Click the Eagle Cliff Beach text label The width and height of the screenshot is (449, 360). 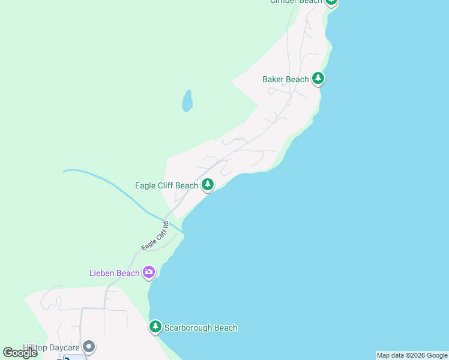click(x=166, y=185)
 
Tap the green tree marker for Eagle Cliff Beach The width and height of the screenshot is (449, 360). click(x=208, y=184)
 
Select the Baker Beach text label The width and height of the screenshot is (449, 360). click(x=285, y=79)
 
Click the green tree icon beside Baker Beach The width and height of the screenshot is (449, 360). click(x=318, y=79)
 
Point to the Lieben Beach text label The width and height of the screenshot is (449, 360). click(x=114, y=273)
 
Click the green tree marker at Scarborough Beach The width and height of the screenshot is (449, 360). click(x=155, y=327)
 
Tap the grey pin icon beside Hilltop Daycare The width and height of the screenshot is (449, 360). click(x=89, y=346)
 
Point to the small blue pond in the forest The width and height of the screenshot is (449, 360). click(x=187, y=100)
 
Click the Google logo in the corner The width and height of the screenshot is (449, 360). click(x=20, y=353)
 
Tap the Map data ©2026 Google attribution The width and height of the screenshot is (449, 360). click(x=412, y=355)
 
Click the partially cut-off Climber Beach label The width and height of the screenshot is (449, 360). click(x=296, y=2)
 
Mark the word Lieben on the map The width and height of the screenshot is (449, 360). click(x=102, y=273)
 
